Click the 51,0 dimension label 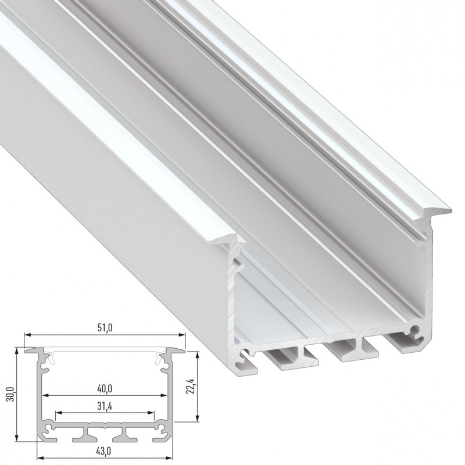click(105, 328)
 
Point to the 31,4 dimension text click(105, 406)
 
